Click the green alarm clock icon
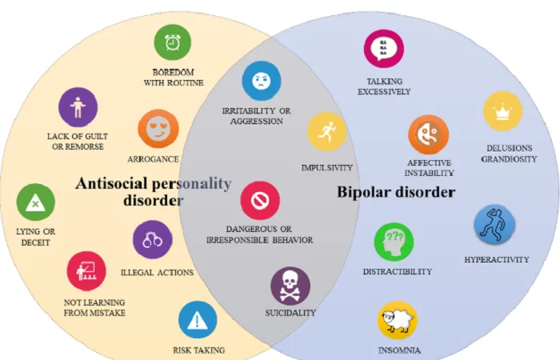click(173, 42)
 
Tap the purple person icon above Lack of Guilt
click(78, 107)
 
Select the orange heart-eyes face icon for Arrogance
click(158, 129)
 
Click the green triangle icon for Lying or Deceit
click(36, 202)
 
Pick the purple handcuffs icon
click(153, 239)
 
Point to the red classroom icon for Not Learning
click(86, 271)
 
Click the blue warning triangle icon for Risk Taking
click(198, 320)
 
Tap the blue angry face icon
click(262, 81)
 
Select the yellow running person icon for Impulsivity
click(326, 131)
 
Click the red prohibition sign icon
click(260, 200)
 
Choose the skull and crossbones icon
click(290, 286)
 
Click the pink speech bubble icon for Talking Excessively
click(384, 49)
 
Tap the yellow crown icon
click(503, 110)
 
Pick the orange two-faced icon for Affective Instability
click(429, 134)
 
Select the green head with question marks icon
click(394, 242)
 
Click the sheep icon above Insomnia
click(398, 320)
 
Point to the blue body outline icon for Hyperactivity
click(494, 224)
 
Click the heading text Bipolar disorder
click(396, 192)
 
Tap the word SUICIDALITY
click(290, 313)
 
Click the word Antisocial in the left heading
click(112, 183)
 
